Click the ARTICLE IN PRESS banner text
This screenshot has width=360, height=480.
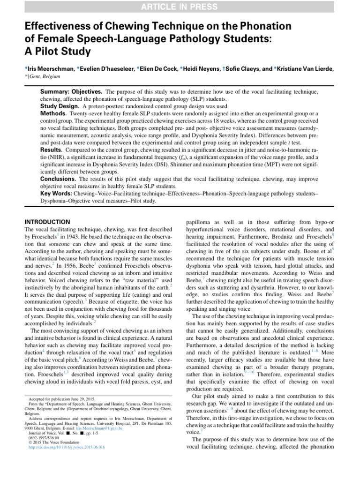tap(180, 7)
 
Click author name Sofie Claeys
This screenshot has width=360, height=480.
tap(242, 68)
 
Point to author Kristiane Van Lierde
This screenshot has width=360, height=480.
tap(304, 68)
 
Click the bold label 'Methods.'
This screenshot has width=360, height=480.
tap(52, 114)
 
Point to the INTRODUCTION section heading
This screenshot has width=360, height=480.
tap(47, 221)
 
